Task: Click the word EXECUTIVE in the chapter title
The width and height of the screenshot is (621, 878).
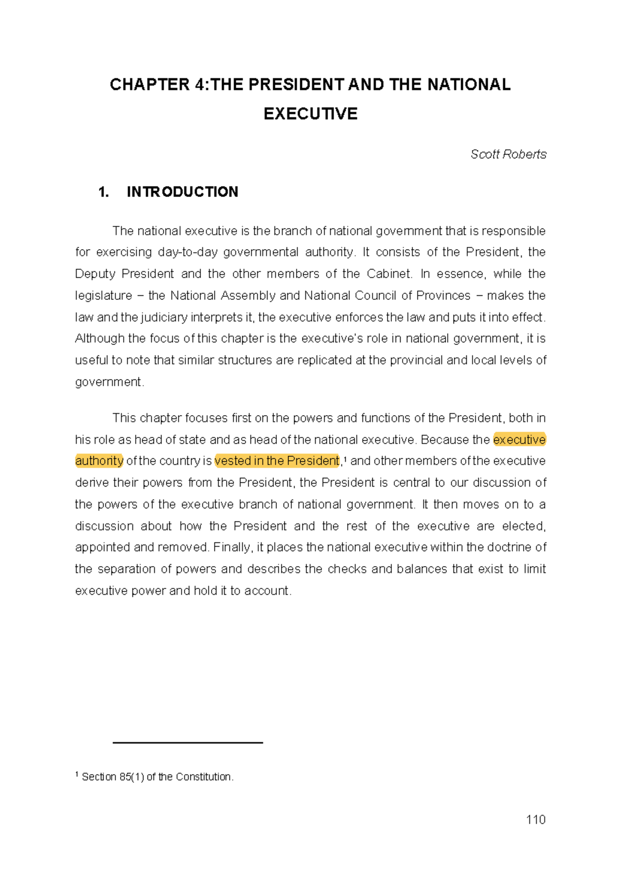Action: pos(310,114)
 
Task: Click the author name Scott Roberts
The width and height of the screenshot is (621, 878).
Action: pos(508,154)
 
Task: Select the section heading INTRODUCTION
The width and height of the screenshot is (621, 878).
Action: pos(182,192)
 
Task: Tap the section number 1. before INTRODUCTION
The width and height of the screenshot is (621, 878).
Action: pos(103,192)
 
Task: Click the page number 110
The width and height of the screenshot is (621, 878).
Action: pos(536,820)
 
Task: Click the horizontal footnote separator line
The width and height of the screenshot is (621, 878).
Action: pos(187,743)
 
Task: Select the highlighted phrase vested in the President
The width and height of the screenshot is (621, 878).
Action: pos(277,461)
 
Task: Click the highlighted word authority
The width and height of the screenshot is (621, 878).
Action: pos(99,461)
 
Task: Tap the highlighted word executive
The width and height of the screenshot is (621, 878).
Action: pos(519,440)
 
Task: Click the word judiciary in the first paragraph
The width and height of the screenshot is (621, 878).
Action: pos(164,317)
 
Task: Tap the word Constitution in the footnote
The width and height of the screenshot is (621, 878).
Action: pos(204,777)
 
